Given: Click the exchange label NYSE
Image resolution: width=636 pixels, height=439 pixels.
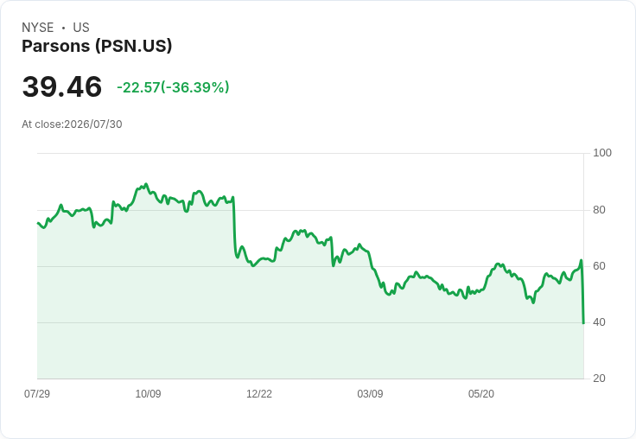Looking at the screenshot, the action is pos(38,28).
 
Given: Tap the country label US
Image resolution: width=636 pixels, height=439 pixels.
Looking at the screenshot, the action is pos(81,28).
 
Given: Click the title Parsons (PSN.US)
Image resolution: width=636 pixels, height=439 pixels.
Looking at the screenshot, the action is pos(97,46).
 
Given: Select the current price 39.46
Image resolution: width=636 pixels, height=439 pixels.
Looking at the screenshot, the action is pos(62,86).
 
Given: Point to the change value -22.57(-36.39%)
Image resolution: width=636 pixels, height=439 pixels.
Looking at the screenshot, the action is pos(173,87).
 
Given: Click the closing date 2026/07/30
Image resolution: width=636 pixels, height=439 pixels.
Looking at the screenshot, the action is pos(93,124).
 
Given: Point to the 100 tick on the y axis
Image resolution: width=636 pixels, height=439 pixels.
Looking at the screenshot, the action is pos(602,153).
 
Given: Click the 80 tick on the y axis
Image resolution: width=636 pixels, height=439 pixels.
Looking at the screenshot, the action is pos(599,210).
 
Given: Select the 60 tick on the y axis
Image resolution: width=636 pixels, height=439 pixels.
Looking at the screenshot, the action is pos(599,266).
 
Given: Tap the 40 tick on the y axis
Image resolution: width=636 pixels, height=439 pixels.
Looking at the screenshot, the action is pos(599,322).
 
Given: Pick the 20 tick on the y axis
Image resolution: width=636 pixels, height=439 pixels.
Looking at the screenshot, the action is pos(599,379).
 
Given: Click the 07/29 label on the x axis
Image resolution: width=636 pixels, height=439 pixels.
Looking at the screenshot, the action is pos(37,393).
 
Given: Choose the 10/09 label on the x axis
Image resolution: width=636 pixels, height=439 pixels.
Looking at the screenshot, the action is pos(148,393).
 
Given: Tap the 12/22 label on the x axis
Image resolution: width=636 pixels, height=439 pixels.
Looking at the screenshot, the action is pos(259,393).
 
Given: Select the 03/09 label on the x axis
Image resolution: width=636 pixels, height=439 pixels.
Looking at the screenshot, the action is pos(370,393).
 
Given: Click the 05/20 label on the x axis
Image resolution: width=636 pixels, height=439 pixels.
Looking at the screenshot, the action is pos(481,393).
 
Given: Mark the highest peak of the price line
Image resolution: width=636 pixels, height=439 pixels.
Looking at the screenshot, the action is pos(146,184).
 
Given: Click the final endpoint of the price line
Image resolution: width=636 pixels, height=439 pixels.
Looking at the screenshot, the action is pos(583,323).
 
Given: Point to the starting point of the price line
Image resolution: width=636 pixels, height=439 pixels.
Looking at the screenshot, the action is pos(38,223).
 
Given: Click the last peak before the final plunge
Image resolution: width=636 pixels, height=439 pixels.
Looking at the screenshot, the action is pos(582,260).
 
